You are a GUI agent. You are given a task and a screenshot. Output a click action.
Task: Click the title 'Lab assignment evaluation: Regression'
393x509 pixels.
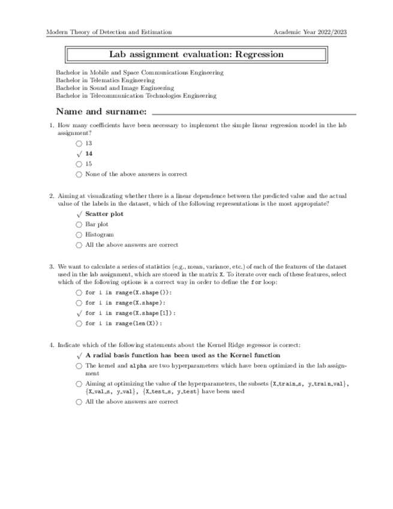pyautogui.click(x=196, y=55)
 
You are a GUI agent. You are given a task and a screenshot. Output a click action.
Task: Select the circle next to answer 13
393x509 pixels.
pyautogui.click(x=79, y=144)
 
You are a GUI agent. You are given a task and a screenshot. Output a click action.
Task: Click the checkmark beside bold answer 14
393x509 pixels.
pyautogui.click(x=79, y=154)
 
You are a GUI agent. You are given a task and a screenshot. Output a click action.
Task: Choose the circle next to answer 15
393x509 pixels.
pyautogui.click(x=79, y=164)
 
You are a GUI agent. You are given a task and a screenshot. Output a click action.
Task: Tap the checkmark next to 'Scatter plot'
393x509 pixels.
pyautogui.click(x=79, y=214)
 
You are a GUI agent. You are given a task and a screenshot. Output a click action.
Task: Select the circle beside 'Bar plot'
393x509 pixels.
pyautogui.click(x=79, y=224)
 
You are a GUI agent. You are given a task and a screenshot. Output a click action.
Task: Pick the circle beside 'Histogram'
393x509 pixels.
pyautogui.click(x=79, y=235)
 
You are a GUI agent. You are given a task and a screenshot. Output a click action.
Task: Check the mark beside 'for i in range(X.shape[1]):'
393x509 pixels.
pyautogui.click(x=79, y=313)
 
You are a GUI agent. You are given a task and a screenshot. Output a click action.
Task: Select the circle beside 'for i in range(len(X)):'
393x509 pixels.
pyautogui.click(x=79, y=323)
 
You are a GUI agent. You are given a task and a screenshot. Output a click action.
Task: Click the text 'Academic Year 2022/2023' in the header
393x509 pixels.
pyautogui.click(x=310, y=32)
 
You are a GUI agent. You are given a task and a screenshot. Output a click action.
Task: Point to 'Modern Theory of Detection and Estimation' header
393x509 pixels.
pyautogui.click(x=109, y=32)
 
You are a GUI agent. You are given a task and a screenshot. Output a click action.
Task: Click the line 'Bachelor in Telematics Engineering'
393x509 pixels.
pyautogui.click(x=105, y=80)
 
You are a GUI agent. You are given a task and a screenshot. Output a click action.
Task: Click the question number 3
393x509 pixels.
pyautogui.click(x=50, y=265)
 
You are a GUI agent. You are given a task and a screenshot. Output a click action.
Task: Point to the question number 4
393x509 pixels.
pyautogui.click(x=50, y=345)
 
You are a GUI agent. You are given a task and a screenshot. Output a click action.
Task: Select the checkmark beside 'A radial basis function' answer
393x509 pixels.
pyautogui.click(x=79, y=355)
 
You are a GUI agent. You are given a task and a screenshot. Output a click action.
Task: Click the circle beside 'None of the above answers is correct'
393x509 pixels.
pyautogui.click(x=79, y=174)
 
